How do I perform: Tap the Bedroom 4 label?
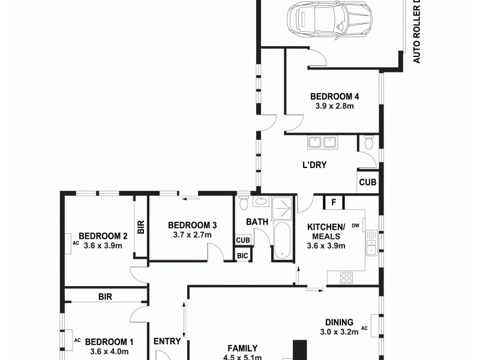point(334,97)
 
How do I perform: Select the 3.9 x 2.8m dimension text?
point(334,106)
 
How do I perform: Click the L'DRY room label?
point(314,165)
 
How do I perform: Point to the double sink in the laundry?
point(322,143)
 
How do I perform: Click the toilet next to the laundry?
point(368,143)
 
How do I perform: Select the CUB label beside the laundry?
point(367,182)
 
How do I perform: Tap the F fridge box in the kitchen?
point(332,202)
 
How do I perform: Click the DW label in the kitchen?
point(356,226)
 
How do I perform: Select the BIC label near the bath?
point(242,256)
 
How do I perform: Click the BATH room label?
point(257,222)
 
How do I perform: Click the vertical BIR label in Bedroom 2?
point(141,227)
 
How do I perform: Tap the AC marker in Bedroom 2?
point(76,244)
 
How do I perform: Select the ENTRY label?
point(167,341)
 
